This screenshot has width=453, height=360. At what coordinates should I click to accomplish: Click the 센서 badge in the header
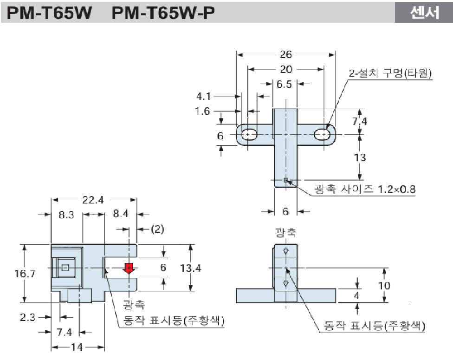pos(424,13)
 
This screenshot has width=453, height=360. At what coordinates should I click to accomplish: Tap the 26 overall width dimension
pos(286,54)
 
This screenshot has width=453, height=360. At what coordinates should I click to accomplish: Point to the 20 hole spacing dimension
pos(286,69)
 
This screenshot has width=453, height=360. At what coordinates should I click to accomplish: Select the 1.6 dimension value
pos(203,111)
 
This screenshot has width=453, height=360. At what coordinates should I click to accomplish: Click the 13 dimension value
pos(360,157)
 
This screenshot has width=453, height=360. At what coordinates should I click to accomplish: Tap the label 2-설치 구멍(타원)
pos(390,73)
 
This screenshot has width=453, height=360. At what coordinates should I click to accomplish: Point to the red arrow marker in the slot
pos(129,268)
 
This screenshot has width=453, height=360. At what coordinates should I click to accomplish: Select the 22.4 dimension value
pos(93,200)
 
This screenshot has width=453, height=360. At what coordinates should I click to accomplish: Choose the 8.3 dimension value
pos(67,215)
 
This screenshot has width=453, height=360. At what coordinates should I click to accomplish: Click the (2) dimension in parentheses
pos(158,229)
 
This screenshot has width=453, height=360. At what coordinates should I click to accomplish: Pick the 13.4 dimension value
pos(190,268)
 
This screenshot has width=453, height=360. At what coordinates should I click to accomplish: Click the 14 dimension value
pos(77,347)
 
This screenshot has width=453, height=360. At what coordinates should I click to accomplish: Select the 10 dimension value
pos(384,285)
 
